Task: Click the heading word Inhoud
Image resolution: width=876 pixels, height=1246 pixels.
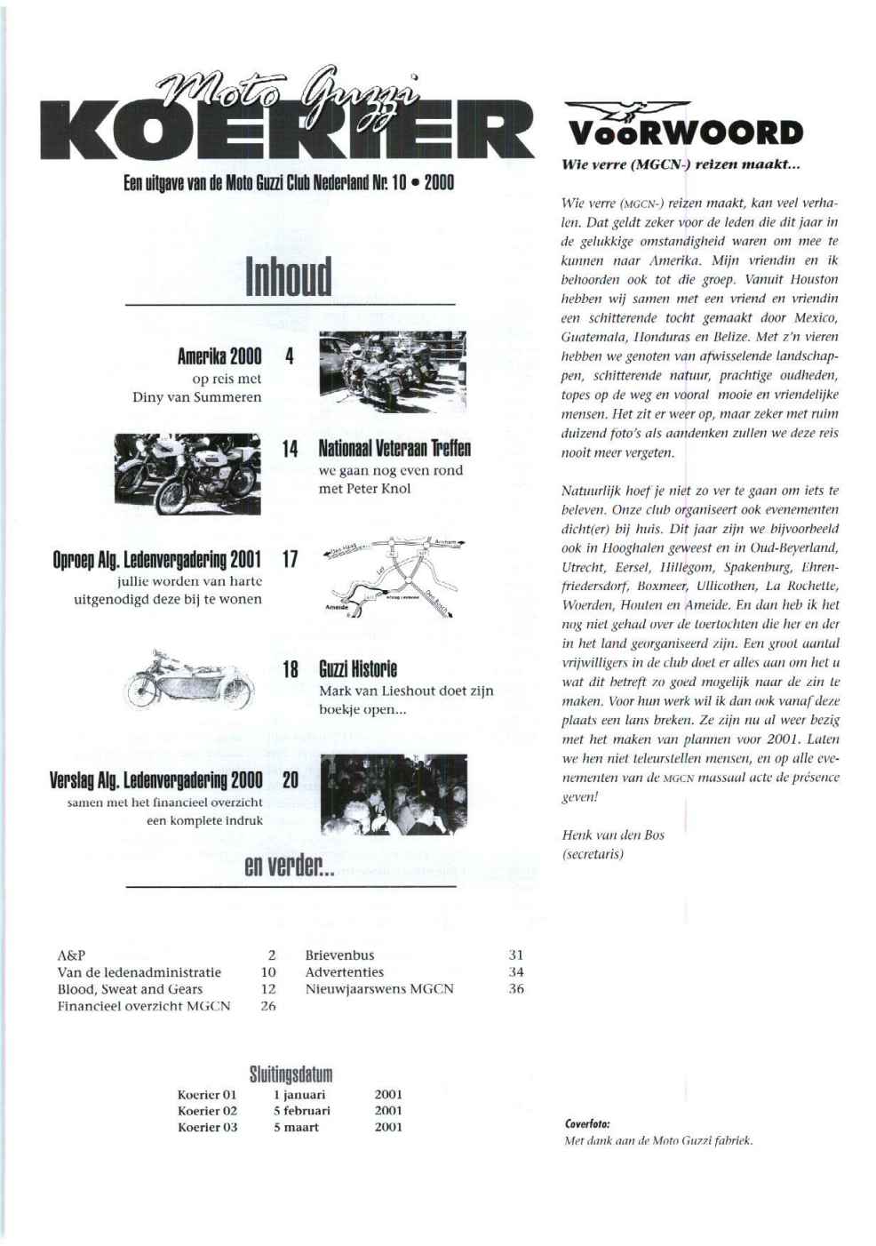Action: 290,276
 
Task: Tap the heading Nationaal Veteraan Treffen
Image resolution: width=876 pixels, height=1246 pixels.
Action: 394,449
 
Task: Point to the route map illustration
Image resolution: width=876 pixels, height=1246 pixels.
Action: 391,574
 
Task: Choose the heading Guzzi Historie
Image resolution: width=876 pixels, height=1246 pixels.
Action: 358,669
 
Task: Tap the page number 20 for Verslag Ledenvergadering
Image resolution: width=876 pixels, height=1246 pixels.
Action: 290,780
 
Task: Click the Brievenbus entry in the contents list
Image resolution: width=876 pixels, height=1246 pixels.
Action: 339,955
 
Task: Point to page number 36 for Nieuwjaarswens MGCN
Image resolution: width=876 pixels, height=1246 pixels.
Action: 516,989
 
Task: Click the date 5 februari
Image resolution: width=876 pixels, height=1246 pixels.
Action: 301,1111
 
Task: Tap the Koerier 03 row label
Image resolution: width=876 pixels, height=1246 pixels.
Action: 207,1128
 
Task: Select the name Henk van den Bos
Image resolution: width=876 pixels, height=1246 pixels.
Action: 613,835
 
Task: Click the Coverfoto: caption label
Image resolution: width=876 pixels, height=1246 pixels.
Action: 587,1123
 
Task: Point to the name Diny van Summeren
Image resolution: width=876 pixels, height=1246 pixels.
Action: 197,397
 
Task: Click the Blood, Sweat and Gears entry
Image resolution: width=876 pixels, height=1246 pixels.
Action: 130,989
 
